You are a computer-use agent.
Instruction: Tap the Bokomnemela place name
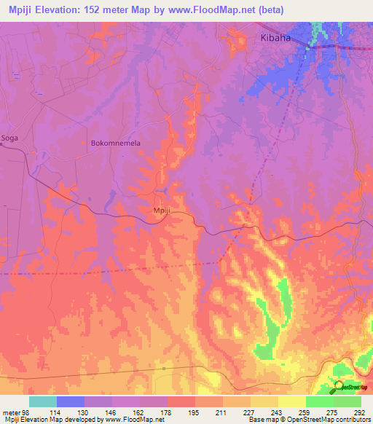point(115,144)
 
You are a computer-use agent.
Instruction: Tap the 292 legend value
point(360,412)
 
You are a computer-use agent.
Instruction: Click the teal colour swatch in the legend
point(42,401)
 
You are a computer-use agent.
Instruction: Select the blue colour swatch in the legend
point(70,401)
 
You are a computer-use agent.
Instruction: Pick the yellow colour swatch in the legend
point(291,401)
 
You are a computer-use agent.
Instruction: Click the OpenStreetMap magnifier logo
point(339,387)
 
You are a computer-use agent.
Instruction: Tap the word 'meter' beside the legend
point(9,412)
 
